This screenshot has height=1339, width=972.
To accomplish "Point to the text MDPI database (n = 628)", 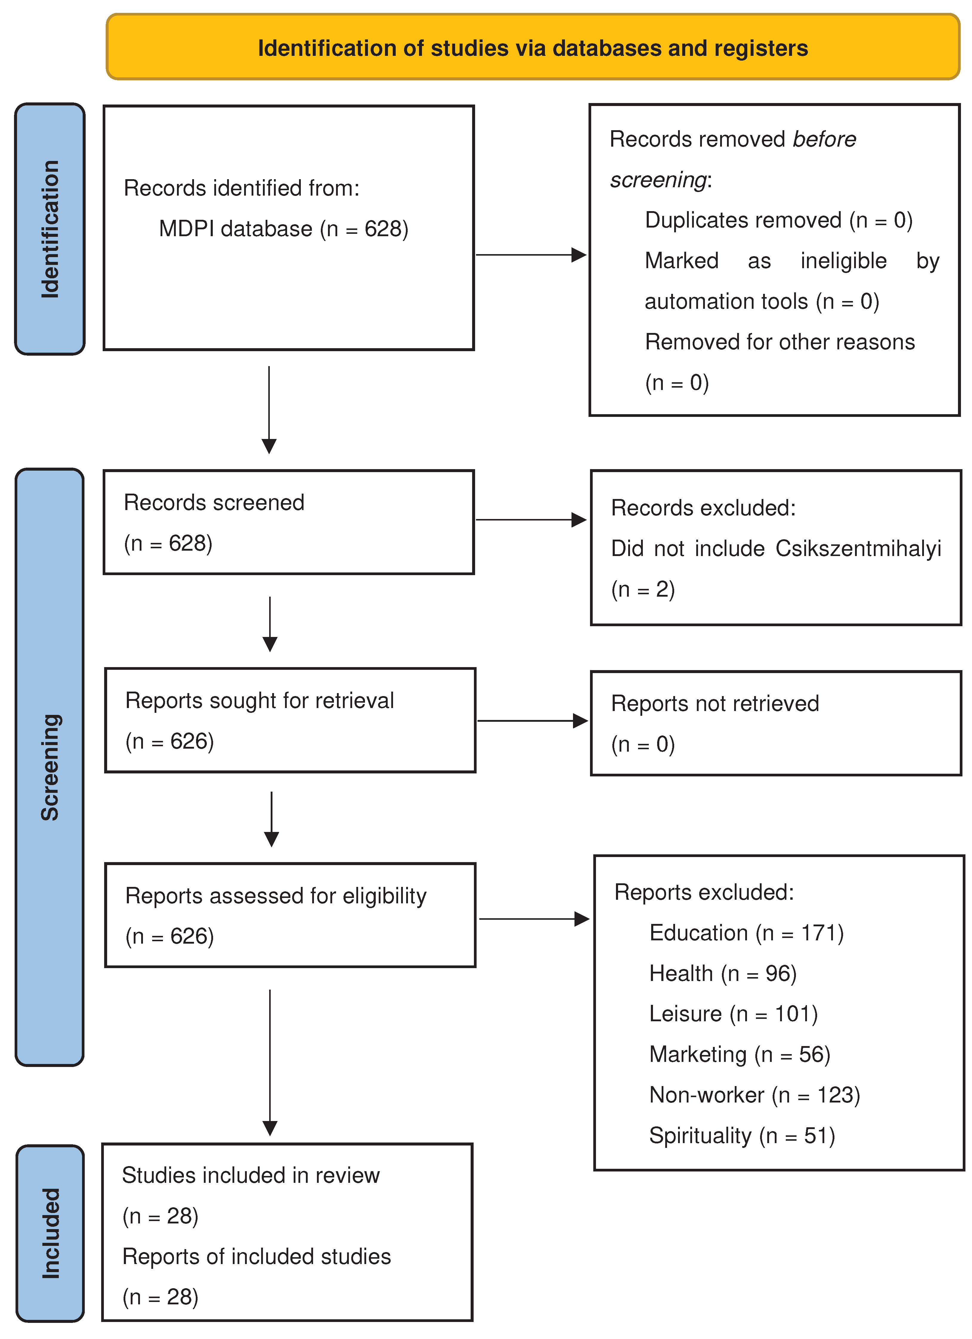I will pyautogui.click(x=283, y=229).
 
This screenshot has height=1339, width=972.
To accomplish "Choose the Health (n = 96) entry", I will pyautogui.click(x=723, y=973).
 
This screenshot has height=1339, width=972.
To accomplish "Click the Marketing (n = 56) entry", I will pyautogui.click(x=740, y=1054).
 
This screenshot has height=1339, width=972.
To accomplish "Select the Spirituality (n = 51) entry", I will pyautogui.click(x=742, y=1136).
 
